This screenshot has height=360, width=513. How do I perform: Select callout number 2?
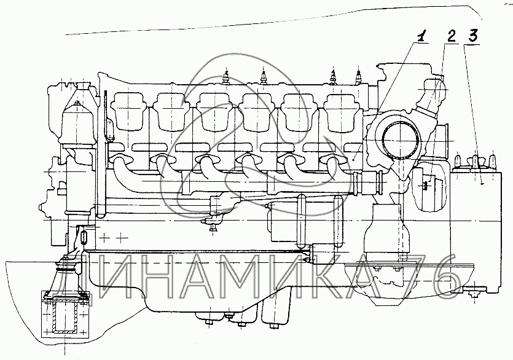pyautogui.click(x=451, y=36)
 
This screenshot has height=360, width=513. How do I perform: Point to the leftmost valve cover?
pyautogui.click(x=128, y=111)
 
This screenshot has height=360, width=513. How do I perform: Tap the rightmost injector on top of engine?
pyautogui.click(x=358, y=77)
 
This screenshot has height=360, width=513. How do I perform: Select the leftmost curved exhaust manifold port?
pyautogui.click(x=123, y=165)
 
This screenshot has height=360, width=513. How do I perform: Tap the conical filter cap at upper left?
pyautogui.click(x=78, y=114)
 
